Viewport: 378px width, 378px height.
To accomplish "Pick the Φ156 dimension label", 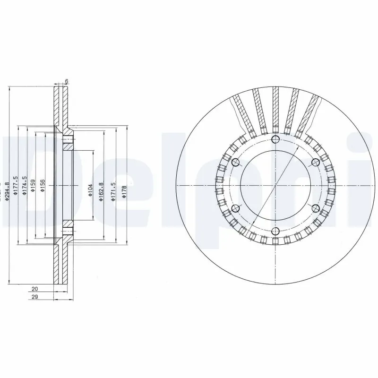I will (42, 185).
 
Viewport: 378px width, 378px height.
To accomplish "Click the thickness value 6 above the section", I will (67, 81).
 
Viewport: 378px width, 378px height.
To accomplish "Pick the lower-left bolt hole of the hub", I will (235, 208).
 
